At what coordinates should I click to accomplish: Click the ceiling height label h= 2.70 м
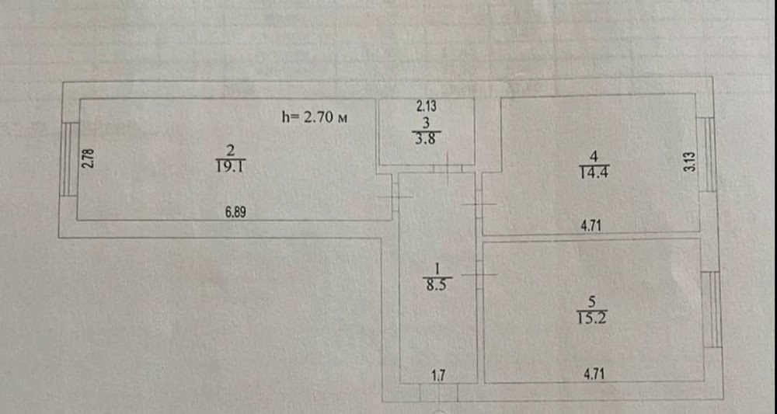coord(314,117)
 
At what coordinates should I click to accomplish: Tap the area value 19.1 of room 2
coord(231,166)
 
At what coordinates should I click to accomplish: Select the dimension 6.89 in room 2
coord(235,213)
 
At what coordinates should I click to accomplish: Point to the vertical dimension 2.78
coord(89,158)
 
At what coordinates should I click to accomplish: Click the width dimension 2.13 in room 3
coord(426,106)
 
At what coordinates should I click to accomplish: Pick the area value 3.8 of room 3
coord(426,139)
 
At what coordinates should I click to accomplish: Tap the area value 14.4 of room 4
coord(594,172)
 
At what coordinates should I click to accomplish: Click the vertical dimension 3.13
coord(691,162)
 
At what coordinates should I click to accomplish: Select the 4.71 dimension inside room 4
coord(591,226)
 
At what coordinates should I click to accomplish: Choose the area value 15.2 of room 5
coord(592,318)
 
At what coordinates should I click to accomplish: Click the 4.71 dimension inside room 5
coord(594,374)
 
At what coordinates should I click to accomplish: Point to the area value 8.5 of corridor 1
coord(437,285)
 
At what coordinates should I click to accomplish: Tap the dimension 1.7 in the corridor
coord(438,375)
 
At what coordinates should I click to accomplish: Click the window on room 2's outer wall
coord(68,158)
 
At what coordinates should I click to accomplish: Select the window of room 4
coord(707,155)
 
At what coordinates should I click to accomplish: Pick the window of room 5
coord(712,309)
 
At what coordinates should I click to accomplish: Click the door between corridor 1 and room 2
coord(395,197)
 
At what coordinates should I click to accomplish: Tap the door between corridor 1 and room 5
coord(479,274)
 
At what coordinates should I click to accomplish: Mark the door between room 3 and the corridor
coord(448,169)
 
